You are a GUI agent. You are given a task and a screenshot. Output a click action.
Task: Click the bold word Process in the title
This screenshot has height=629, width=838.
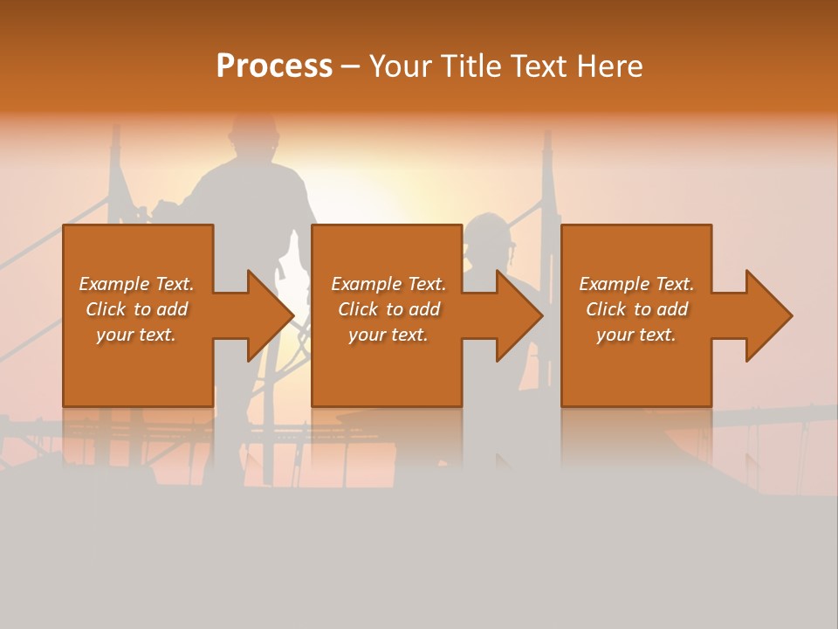pos(274,66)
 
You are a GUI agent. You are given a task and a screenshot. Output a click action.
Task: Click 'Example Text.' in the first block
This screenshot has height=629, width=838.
pos(136,284)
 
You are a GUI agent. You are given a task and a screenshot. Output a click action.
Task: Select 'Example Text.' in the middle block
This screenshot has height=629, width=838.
pos(388,284)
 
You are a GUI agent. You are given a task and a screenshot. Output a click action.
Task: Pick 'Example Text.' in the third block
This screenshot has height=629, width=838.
pos(636,284)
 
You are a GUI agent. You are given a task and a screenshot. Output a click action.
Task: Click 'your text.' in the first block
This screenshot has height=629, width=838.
pos(136,335)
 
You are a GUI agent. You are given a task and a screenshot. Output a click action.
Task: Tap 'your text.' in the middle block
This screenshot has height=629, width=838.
pos(388,335)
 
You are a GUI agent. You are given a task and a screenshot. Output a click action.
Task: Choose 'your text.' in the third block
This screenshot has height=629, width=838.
pos(636,335)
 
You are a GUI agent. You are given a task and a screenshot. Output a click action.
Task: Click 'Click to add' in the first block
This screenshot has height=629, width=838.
pos(136,309)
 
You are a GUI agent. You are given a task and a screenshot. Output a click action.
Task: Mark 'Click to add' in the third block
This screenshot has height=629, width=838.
pos(636,309)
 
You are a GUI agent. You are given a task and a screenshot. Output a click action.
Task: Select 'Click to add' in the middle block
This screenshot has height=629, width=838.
pos(388,309)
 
